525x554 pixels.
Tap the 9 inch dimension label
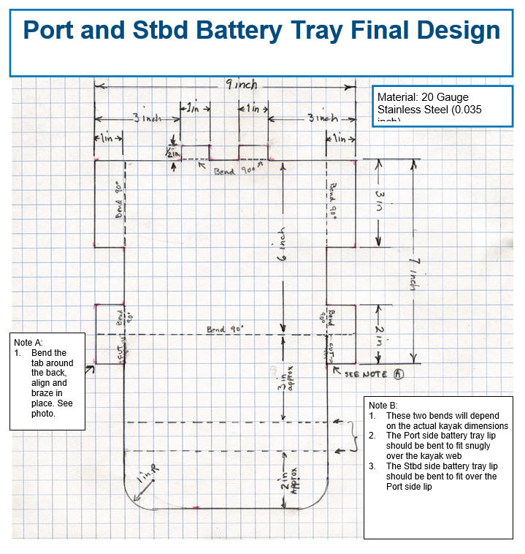(x=241, y=86)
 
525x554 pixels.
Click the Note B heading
(x=383, y=405)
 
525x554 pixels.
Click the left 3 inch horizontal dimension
(x=146, y=118)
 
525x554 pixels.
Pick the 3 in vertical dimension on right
(x=380, y=202)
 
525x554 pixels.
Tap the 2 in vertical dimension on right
(x=380, y=333)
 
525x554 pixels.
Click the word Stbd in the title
(x=171, y=30)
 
